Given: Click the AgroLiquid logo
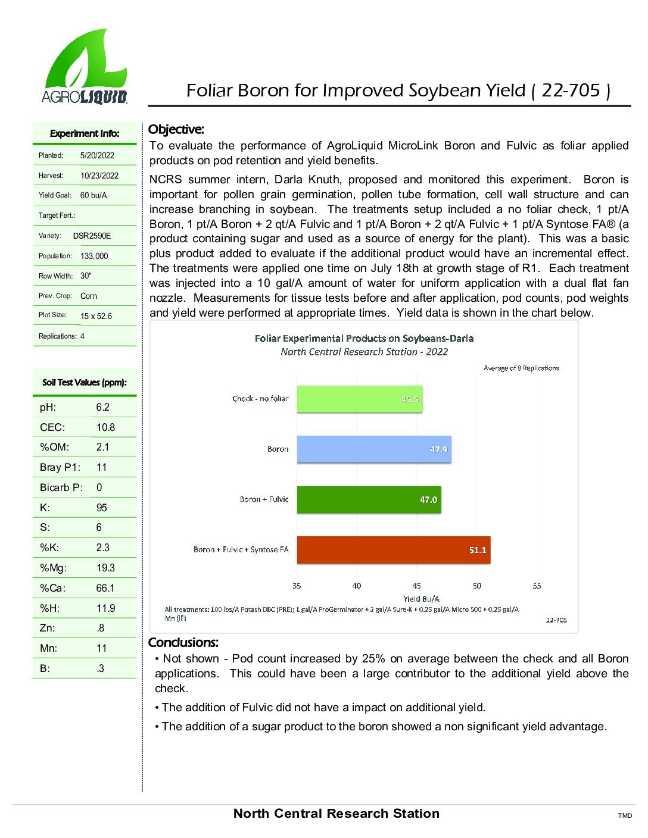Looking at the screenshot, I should click(x=85, y=67).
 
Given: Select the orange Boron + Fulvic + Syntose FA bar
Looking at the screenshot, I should click(x=393, y=550).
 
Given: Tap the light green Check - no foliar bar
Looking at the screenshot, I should click(x=359, y=399).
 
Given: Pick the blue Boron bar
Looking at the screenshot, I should click(x=373, y=449).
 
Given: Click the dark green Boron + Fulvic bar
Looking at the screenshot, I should click(x=369, y=499).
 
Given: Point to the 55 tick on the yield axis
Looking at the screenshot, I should click(x=537, y=586).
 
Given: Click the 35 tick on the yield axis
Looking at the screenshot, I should click(x=297, y=586).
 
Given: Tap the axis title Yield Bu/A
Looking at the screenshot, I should click(x=421, y=599).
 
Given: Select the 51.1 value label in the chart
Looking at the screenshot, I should click(x=478, y=550).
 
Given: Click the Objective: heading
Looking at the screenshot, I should click(x=176, y=129).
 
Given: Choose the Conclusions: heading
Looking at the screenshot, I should click(x=183, y=642).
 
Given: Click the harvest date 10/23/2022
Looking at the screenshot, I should click(x=99, y=176).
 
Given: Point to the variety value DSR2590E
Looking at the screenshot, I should click(x=92, y=236).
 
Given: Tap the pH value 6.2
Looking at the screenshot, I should click(x=102, y=407).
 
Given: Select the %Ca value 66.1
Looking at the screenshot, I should click(x=105, y=588).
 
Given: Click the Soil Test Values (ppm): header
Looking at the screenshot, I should click(x=85, y=383).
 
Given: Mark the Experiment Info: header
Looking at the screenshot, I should click(x=85, y=133).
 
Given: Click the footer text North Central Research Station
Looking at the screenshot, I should click(x=336, y=814).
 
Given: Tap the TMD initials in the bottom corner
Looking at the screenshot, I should click(x=625, y=815).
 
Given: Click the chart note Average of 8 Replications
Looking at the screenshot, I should click(x=521, y=368).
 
